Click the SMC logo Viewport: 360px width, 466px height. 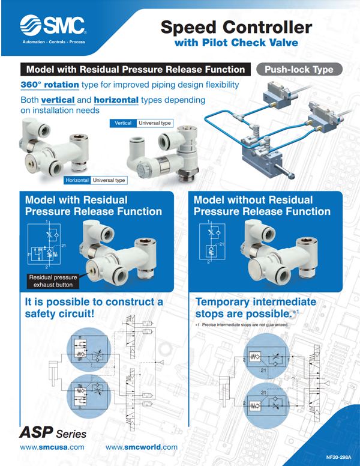point(53,25)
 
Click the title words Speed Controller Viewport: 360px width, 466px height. point(236,27)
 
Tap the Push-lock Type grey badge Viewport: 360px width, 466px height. point(298,69)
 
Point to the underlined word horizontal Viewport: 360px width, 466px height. point(116,100)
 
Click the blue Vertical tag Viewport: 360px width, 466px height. point(123,123)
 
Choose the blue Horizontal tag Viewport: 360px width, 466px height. point(77,180)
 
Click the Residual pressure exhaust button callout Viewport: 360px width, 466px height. point(53,281)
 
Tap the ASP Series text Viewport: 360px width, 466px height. point(53,433)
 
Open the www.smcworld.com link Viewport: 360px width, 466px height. point(141,447)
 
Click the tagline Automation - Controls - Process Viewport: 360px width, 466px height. point(53,43)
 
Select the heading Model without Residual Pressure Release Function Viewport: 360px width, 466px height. point(262,205)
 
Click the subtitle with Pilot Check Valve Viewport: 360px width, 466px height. point(236,43)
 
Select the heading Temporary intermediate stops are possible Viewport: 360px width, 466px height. point(255,307)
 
